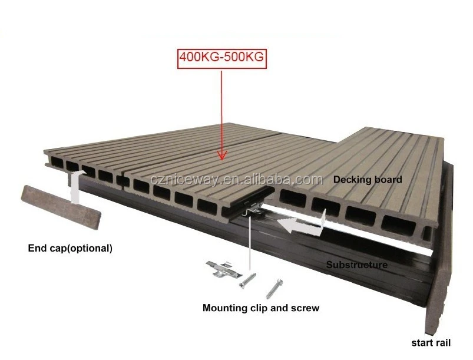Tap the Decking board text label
tap(368, 179)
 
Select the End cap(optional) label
tap(70, 248)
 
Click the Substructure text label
tap(357, 265)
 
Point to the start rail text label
tap(431, 342)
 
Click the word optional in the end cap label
tap(91, 248)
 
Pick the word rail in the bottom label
tap(445, 342)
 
